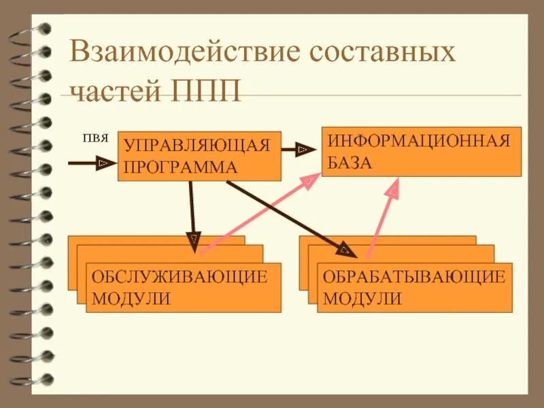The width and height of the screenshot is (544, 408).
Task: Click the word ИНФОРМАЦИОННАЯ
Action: pos(419,141)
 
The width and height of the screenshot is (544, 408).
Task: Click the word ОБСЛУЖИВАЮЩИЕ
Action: pos(180,277)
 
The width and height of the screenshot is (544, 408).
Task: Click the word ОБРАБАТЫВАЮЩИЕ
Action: pos(413,277)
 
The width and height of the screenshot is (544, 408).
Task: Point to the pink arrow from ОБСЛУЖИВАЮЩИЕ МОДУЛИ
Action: pos(258,214)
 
